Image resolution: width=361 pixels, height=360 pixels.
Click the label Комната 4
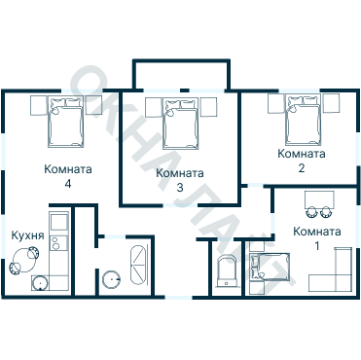pos(68,176)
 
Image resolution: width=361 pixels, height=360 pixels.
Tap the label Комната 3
pos(180,180)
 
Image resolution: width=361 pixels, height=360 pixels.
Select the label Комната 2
pos(302,161)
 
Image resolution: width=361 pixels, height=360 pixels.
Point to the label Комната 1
pos(317,238)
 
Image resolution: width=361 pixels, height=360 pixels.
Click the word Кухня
pos(27,235)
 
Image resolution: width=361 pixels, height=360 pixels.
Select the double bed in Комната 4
pos(66,122)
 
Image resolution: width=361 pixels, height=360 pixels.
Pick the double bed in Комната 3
pos(180,124)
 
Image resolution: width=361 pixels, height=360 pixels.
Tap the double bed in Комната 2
pos(304,120)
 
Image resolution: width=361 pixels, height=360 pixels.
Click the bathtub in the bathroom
pos(138,266)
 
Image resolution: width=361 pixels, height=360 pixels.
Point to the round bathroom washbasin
pos(111,279)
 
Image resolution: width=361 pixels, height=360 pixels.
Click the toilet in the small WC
pos(227,271)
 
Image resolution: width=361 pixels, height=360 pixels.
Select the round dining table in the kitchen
pos(23,260)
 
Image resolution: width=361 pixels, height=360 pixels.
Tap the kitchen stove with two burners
pos(58,242)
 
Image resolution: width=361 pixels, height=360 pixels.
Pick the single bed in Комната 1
pos(270,267)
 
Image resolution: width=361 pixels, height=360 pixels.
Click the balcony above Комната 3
pos(182,75)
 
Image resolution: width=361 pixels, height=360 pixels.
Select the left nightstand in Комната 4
pos(39,105)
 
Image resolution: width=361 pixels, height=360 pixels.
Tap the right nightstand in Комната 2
pos(331,103)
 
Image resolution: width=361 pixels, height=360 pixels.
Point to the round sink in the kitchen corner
pos(40,283)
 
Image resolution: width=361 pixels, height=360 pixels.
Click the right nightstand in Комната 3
pos(208,107)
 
